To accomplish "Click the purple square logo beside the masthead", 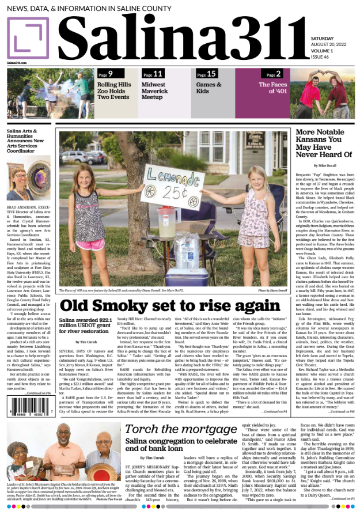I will point(28,37).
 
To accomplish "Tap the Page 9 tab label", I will point(105,73).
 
